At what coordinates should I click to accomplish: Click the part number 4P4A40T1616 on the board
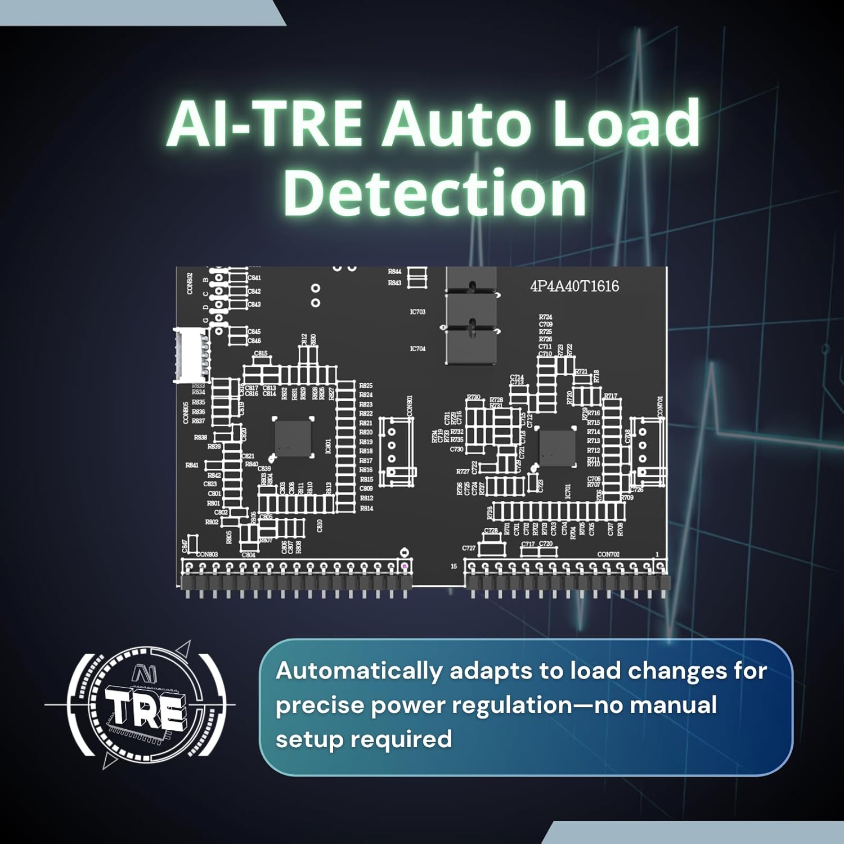pyautogui.click(x=574, y=286)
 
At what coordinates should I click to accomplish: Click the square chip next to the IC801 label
pyautogui.click(x=293, y=438)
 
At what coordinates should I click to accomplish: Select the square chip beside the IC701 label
pyautogui.click(x=557, y=448)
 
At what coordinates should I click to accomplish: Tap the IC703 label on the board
pyautogui.click(x=417, y=312)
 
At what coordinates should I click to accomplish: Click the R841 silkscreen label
pyautogui.click(x=192, y=465)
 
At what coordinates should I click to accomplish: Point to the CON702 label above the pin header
pyautogui.click(x=608, y=554)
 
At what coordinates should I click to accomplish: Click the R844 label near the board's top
pyautogui.click(x=394, y=272)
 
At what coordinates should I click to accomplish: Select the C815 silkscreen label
pyautogui.click(x=261, y=354)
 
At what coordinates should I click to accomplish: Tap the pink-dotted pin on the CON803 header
pyautogui.click(x=404, y=565)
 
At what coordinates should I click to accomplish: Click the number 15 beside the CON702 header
pyautogui.click(x=454, y=566)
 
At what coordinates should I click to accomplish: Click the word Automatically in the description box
pyautogui.click(x=358, y=671)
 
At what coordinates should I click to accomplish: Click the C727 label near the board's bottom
pyautogui.click(x=469, y=548)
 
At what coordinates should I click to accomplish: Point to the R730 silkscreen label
pyautogui.click(x=474, y=397)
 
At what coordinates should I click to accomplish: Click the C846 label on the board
pyautogui.click(x=254, y=341)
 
